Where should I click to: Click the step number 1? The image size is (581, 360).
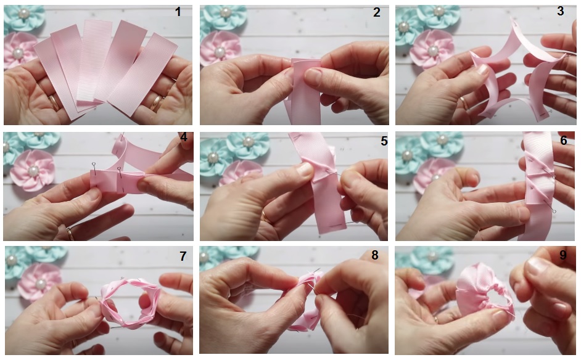click(178, 12)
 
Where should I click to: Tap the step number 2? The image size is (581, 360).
click(376, 12)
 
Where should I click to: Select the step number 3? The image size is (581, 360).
click(560, 11)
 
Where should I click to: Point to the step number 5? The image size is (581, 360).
click(384, 141)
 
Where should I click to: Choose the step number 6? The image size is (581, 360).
click(564, 141)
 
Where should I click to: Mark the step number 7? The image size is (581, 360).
click(183, 256)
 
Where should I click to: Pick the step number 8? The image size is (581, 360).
click(374, 255)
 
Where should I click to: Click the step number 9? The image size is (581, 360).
click(563, 255)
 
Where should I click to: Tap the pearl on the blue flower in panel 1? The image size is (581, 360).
click(24, 14)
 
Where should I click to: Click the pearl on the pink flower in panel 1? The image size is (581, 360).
click(18, 54)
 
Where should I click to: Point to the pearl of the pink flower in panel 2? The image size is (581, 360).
click(220, 52)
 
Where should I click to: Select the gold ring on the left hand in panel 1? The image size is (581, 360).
click(54, 102)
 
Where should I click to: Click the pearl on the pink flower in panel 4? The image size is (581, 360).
click(33, 171)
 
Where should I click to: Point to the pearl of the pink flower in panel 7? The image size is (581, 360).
click(40, 284)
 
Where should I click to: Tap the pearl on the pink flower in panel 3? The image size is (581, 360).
click(433, 51)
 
